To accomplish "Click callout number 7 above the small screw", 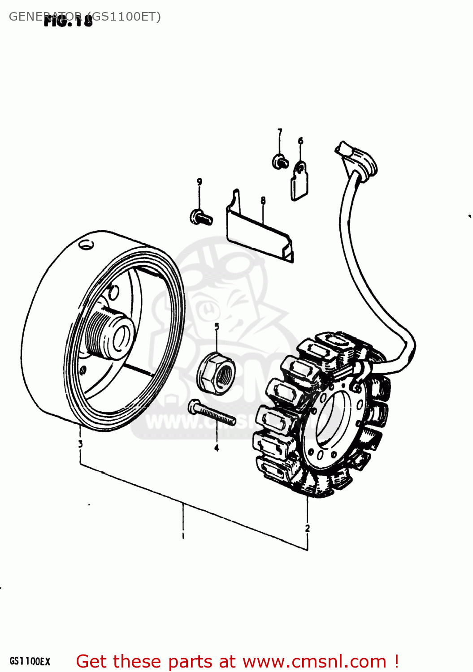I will coord(280,132).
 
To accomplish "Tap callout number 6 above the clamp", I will coord(300,141).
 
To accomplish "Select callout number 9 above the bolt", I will coord(200,182).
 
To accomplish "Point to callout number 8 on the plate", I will coord(263,200).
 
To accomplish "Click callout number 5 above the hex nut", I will coord(217,326).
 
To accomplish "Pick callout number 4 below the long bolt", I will coord(217,448).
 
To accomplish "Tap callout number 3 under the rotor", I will coord(80,444).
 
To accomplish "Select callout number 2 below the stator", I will coord(308,528).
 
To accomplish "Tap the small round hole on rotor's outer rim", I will coord(85,245).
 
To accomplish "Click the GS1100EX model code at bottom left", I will coord(30,661).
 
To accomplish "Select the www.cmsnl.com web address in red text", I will coord(314,662).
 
